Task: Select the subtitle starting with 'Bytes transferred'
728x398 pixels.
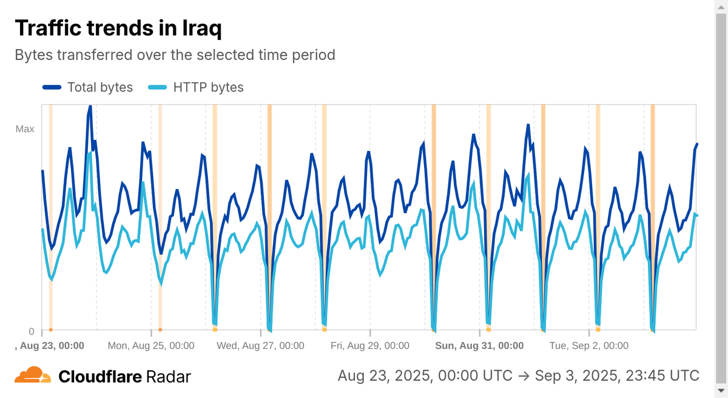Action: point(175,55)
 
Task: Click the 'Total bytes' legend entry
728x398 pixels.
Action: point(88,87)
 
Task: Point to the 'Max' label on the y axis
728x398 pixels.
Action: point(25,129)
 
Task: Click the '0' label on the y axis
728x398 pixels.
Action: point(32,331)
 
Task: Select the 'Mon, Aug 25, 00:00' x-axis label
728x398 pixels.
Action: point(151,346)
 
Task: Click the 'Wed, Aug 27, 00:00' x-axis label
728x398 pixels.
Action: point(260,346)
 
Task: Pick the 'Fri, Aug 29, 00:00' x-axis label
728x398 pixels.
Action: point(370,346)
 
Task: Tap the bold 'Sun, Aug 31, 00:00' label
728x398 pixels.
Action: point(479,346)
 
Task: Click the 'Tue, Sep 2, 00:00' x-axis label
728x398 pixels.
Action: point(588,346)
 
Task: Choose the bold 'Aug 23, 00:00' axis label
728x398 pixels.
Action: point(49,346)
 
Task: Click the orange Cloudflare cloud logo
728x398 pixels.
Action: point(33,376)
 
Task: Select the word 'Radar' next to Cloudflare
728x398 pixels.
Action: point(169,377)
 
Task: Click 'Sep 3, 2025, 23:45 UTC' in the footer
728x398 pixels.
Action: point(617,375)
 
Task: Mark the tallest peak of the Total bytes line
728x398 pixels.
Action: point(89,107)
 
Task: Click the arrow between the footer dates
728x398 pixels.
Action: point(525,375)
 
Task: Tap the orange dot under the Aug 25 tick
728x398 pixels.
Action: point(160,330)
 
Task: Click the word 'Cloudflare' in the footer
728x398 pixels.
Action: point(100,377)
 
